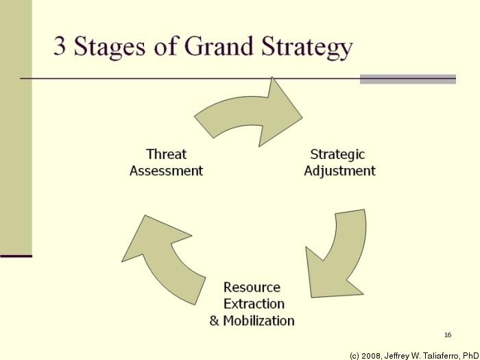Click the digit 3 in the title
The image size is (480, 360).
60,46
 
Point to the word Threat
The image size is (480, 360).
166,154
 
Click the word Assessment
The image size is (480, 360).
166,171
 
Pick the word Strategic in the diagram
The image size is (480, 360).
337,154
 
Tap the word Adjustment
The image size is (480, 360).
339,171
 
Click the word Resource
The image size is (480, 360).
252,287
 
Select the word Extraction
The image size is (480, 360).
254,303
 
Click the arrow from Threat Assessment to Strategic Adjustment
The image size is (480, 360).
250,114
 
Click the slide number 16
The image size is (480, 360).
448,335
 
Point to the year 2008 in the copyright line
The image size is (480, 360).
374,355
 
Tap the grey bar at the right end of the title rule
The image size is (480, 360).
408,79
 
